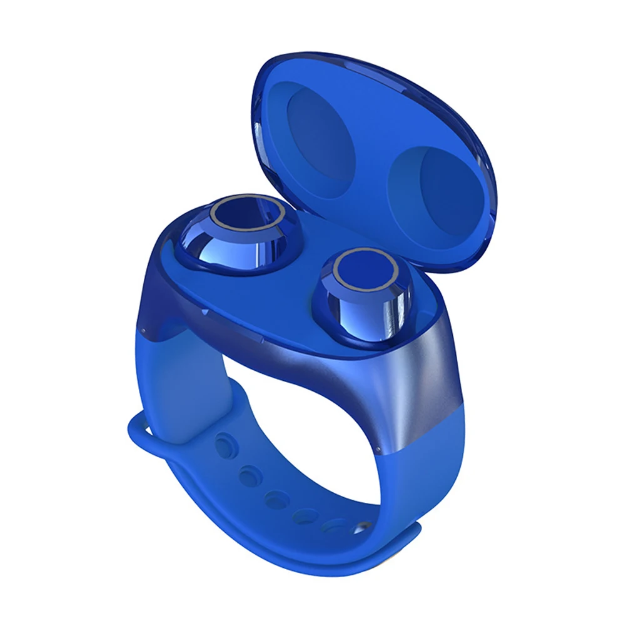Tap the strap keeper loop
(141, 438)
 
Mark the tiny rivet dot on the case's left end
(143, 330)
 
